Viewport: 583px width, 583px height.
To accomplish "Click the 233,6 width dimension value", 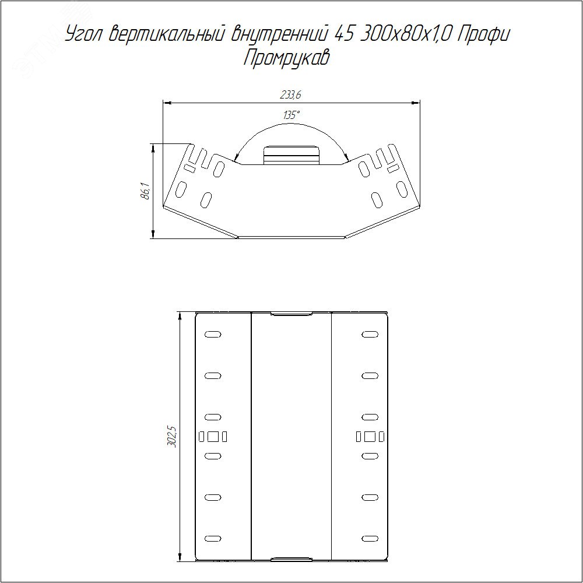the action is tap(290, 95).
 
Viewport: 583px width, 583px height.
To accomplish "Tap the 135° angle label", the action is tap(291, 115).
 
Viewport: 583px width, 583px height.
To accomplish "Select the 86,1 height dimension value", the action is tap(146, 191).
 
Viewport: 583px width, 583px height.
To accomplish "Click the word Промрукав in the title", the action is tap(287, 58).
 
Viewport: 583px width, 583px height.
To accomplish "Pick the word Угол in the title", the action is tap(85, 35).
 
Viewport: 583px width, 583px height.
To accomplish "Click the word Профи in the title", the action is tap(483, 35).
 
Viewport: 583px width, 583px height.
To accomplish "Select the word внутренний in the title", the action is tap(279, 35).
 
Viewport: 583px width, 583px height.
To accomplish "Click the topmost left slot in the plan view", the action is tap(213, 334).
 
